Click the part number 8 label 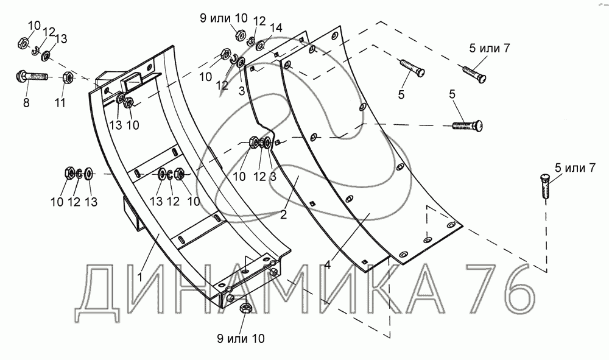[x=26, y=103]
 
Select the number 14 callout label [x=276, y=27]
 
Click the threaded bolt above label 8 [x=31, y=77]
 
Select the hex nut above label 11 [x=69, y=78]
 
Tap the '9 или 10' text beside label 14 [x=216, y=18]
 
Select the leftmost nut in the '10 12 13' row [x=69, y=173]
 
